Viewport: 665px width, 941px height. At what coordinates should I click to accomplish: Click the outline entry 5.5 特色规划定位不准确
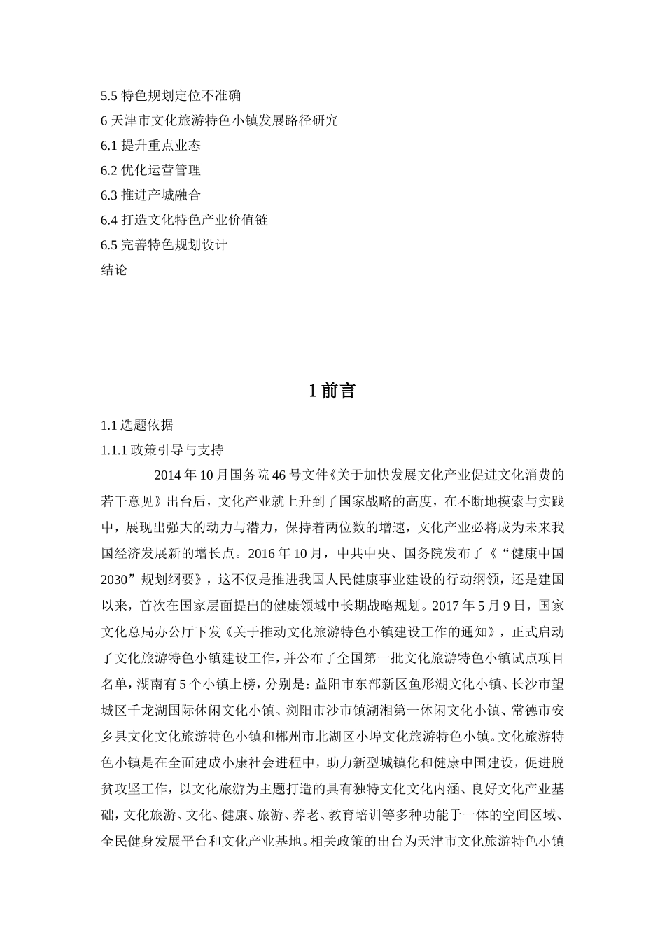click(171, 95)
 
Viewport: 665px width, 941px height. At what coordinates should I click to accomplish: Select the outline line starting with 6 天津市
click(219, 120)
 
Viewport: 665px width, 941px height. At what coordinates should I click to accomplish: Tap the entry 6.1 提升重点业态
click(150, 146)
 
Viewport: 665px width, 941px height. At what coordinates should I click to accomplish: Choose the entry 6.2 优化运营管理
click(150, 170)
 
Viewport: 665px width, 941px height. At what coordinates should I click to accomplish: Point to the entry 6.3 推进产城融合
click(150, 195)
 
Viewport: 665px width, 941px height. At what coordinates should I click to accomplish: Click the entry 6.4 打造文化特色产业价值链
click(184, 220)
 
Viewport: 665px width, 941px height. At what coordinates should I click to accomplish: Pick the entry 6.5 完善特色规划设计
click(164, 245)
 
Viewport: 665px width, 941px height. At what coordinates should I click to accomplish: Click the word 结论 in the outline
click(114, 270)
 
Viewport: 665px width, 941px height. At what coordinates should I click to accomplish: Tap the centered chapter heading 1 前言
click(332, 391)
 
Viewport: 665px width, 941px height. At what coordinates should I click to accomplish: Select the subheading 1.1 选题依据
click(136, 425)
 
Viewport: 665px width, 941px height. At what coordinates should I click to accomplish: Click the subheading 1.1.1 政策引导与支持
click(162, 450)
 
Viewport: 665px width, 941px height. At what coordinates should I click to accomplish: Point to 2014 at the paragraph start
click(167, 475)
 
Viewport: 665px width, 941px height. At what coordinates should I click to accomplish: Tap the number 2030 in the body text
click(116, 579)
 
